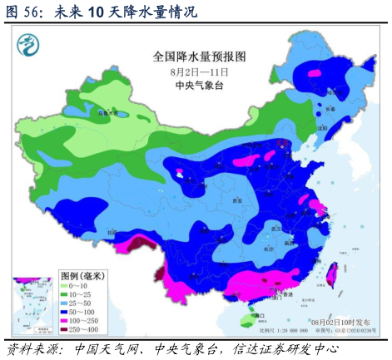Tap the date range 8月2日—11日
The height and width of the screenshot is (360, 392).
pyautogui.click(x=200, y=72)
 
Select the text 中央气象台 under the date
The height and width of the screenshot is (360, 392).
pyautogui.click(x=200, y=86)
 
